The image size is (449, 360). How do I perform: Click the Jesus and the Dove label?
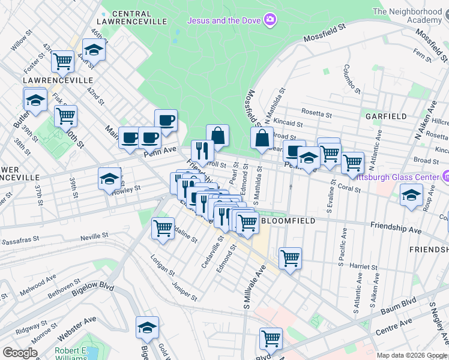(224, 20)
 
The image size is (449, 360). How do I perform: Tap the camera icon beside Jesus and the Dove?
(271, 20)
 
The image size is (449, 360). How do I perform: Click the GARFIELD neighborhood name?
(386, 116)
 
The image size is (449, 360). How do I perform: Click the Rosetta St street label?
(317, 113)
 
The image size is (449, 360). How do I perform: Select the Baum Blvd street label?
(397, 310)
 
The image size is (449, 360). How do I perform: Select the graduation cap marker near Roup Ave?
(411, 196)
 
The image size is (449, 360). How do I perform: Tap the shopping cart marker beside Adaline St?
(163, 228)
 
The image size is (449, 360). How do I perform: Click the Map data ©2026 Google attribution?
(411, 355)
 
